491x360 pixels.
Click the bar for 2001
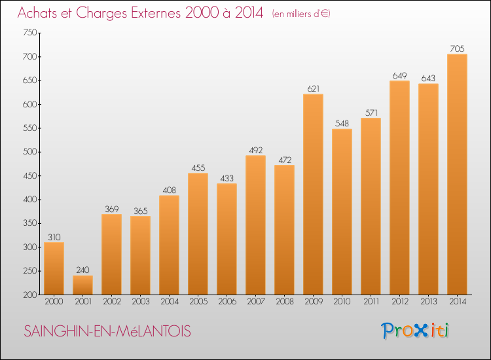click(82, 285)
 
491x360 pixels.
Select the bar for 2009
click(313, 194)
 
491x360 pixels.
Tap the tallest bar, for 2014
click(457, 174)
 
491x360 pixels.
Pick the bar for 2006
click(227, 239)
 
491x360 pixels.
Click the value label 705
click(457, 48)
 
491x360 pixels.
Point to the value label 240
click(82, 270)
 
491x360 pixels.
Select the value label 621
click(313, 88)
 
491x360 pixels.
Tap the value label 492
click(255, 151)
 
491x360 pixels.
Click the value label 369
click(111, 209)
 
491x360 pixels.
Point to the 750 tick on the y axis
click(29, 33)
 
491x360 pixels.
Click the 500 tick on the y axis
click(29, 152)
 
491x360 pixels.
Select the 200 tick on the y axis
click(29, 295)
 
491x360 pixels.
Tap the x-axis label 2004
click(170, 301)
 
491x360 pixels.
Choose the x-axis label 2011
click(371, 301)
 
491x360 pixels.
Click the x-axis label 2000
click(54, 301)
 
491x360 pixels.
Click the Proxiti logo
click(415, 331)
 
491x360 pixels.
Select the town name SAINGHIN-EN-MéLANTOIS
click(107, 331)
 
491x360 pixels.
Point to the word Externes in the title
click(156, 12)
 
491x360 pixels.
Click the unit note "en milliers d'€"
click(301, 14)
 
